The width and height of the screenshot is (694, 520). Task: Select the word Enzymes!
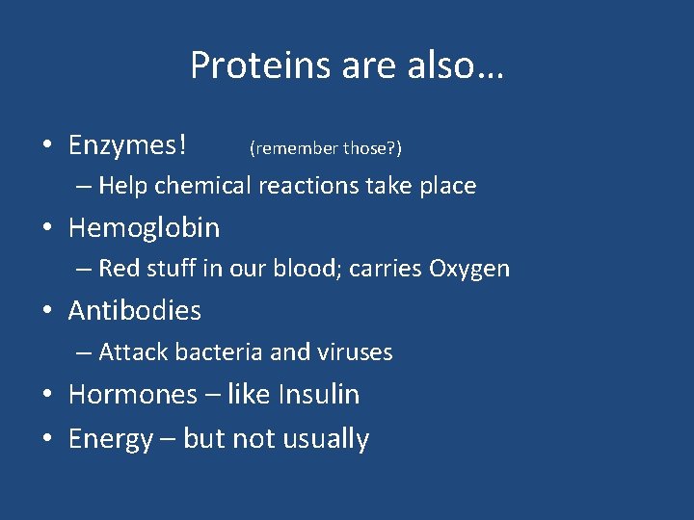(x=127, y=145)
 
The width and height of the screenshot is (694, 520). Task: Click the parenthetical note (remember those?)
(x=325, y=148)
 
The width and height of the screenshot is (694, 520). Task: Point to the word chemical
(x=205, y=186)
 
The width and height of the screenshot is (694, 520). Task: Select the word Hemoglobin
(x=144, y=228)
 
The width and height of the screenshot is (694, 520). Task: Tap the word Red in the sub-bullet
(x=119, y=269)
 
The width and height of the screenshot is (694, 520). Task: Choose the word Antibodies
(x=135, y=311)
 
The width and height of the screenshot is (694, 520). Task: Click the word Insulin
(x=318, y=395)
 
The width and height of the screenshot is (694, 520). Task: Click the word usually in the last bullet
(x=325, y=439)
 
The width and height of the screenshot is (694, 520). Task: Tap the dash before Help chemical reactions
(x=85, y=186)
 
